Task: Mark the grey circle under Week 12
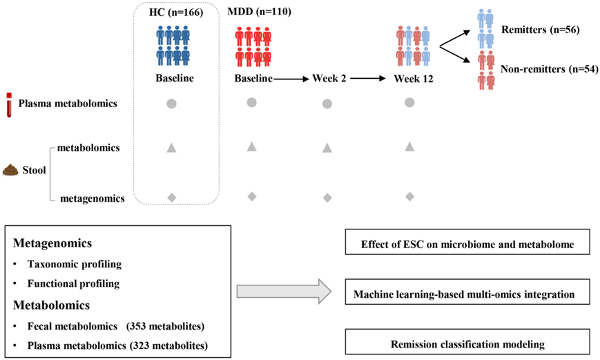click(x=409, y=103)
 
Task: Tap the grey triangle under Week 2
click(x=327, y=147)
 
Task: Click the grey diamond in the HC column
click(x=172, y=198)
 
